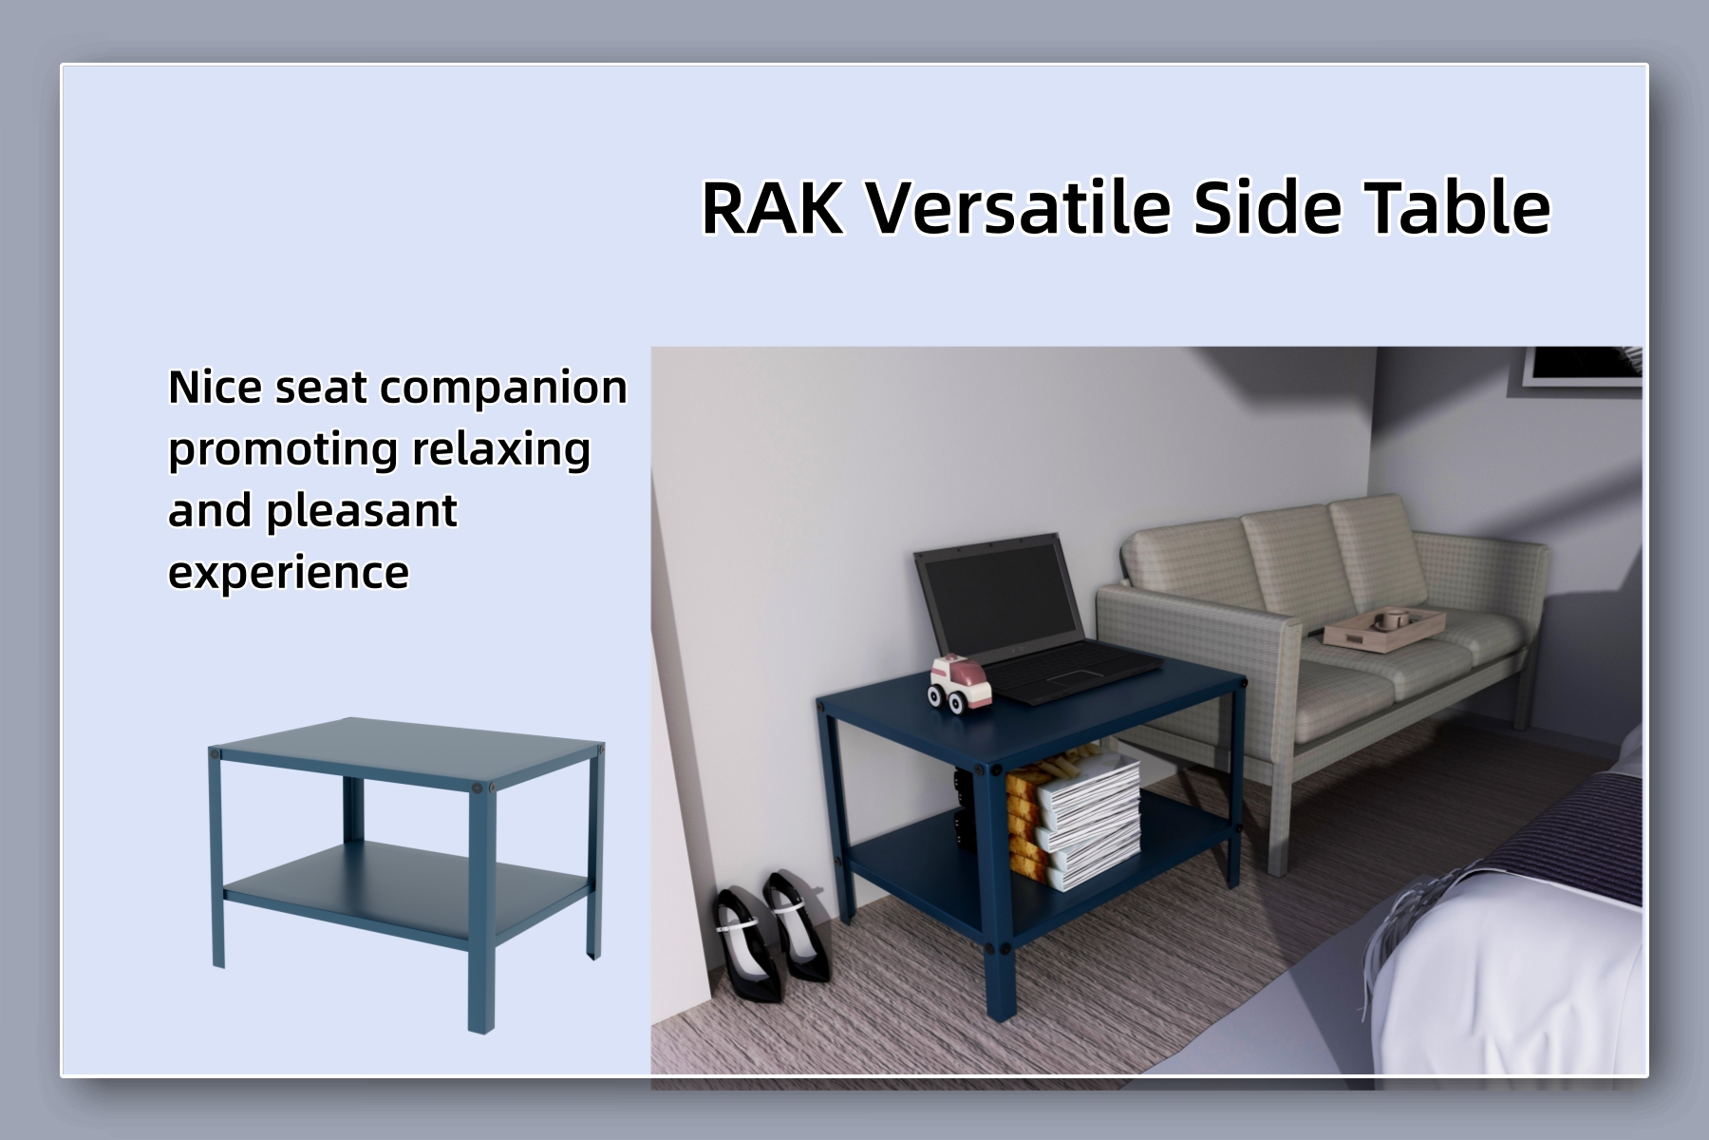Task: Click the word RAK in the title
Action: click(771, 207)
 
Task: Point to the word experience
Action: click(289, 572)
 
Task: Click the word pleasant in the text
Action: click(361, 511)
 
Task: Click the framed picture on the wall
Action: click(1581, 366)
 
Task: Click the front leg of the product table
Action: click(481, 912)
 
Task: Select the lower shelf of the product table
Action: click(399, 883)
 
